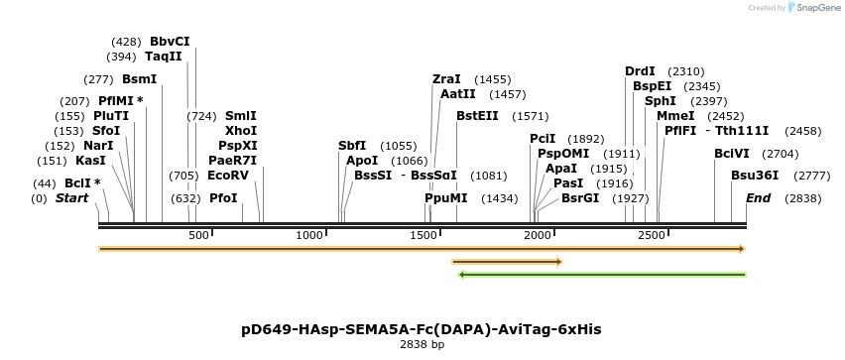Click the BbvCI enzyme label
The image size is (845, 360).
[170, 42]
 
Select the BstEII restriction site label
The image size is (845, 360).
[477, 116]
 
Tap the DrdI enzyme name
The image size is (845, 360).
[640, 71]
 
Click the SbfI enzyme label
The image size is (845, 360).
[352, 146]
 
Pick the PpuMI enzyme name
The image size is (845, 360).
[445, 198]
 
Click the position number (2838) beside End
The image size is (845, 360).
[804, 198]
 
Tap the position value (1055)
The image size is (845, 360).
[399, 146]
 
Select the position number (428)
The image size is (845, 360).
[126, 42]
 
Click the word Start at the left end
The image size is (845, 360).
[71, 198]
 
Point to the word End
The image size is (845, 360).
[758, 198]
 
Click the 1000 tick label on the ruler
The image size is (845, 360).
[310, 235]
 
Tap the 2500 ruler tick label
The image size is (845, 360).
[652, 235]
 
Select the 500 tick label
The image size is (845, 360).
[198, 235]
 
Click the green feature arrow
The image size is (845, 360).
[602, 275]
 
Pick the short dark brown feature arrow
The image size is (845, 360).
[507, 262]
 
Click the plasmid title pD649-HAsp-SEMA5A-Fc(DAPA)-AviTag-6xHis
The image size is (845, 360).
[422, 329]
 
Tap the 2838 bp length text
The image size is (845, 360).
[422, 345]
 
